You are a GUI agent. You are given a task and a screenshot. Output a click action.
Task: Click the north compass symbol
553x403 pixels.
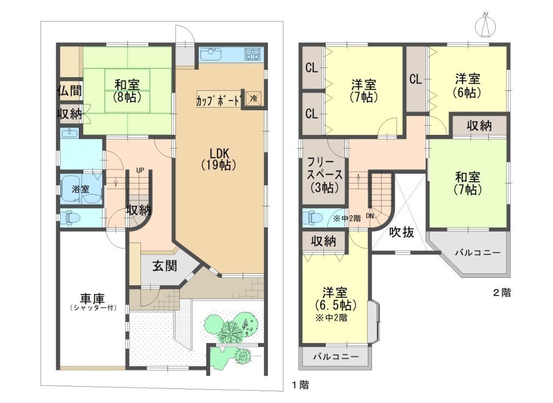pyautogui.click(x=485, y=25)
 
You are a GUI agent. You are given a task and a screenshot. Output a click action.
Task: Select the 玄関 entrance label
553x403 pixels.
pyautogui.click(x=165, y=266)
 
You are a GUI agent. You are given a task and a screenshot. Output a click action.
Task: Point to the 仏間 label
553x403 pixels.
pyautogui.click(x=70, y=91)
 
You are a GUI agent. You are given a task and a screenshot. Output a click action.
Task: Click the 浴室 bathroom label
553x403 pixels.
pyautogui.click(x=80, y=189)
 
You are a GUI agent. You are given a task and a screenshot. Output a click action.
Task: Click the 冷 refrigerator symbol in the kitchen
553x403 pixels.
pyautogui.click(x=254, y=98)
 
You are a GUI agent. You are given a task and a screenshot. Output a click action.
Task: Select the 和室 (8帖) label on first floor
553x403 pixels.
pyautogui.click(x=127, y=90)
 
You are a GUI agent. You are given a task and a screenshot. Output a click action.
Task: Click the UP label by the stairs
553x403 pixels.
pyautogui.click(x=140, y=171)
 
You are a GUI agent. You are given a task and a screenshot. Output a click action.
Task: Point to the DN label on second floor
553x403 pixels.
pyautogui.click(x=370, y=216)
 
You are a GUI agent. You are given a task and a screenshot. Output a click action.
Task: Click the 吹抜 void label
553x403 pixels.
pyautogui.click(x=402, y=232)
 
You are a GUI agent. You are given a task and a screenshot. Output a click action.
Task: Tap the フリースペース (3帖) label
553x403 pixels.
pyautogui.click(x=325, y=174)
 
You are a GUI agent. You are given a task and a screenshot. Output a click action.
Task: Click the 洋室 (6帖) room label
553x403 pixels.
pyautogui.click(x=468, y=85)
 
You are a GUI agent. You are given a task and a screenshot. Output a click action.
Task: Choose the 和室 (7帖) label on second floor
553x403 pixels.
pyautogui.click(x=468, y=183)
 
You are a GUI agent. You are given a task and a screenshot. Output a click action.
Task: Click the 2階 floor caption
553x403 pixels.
pyautogui.click(x=502, y=293)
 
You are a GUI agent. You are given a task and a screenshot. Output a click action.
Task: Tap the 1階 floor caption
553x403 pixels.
pyautogui.click(x=300, y=385)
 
